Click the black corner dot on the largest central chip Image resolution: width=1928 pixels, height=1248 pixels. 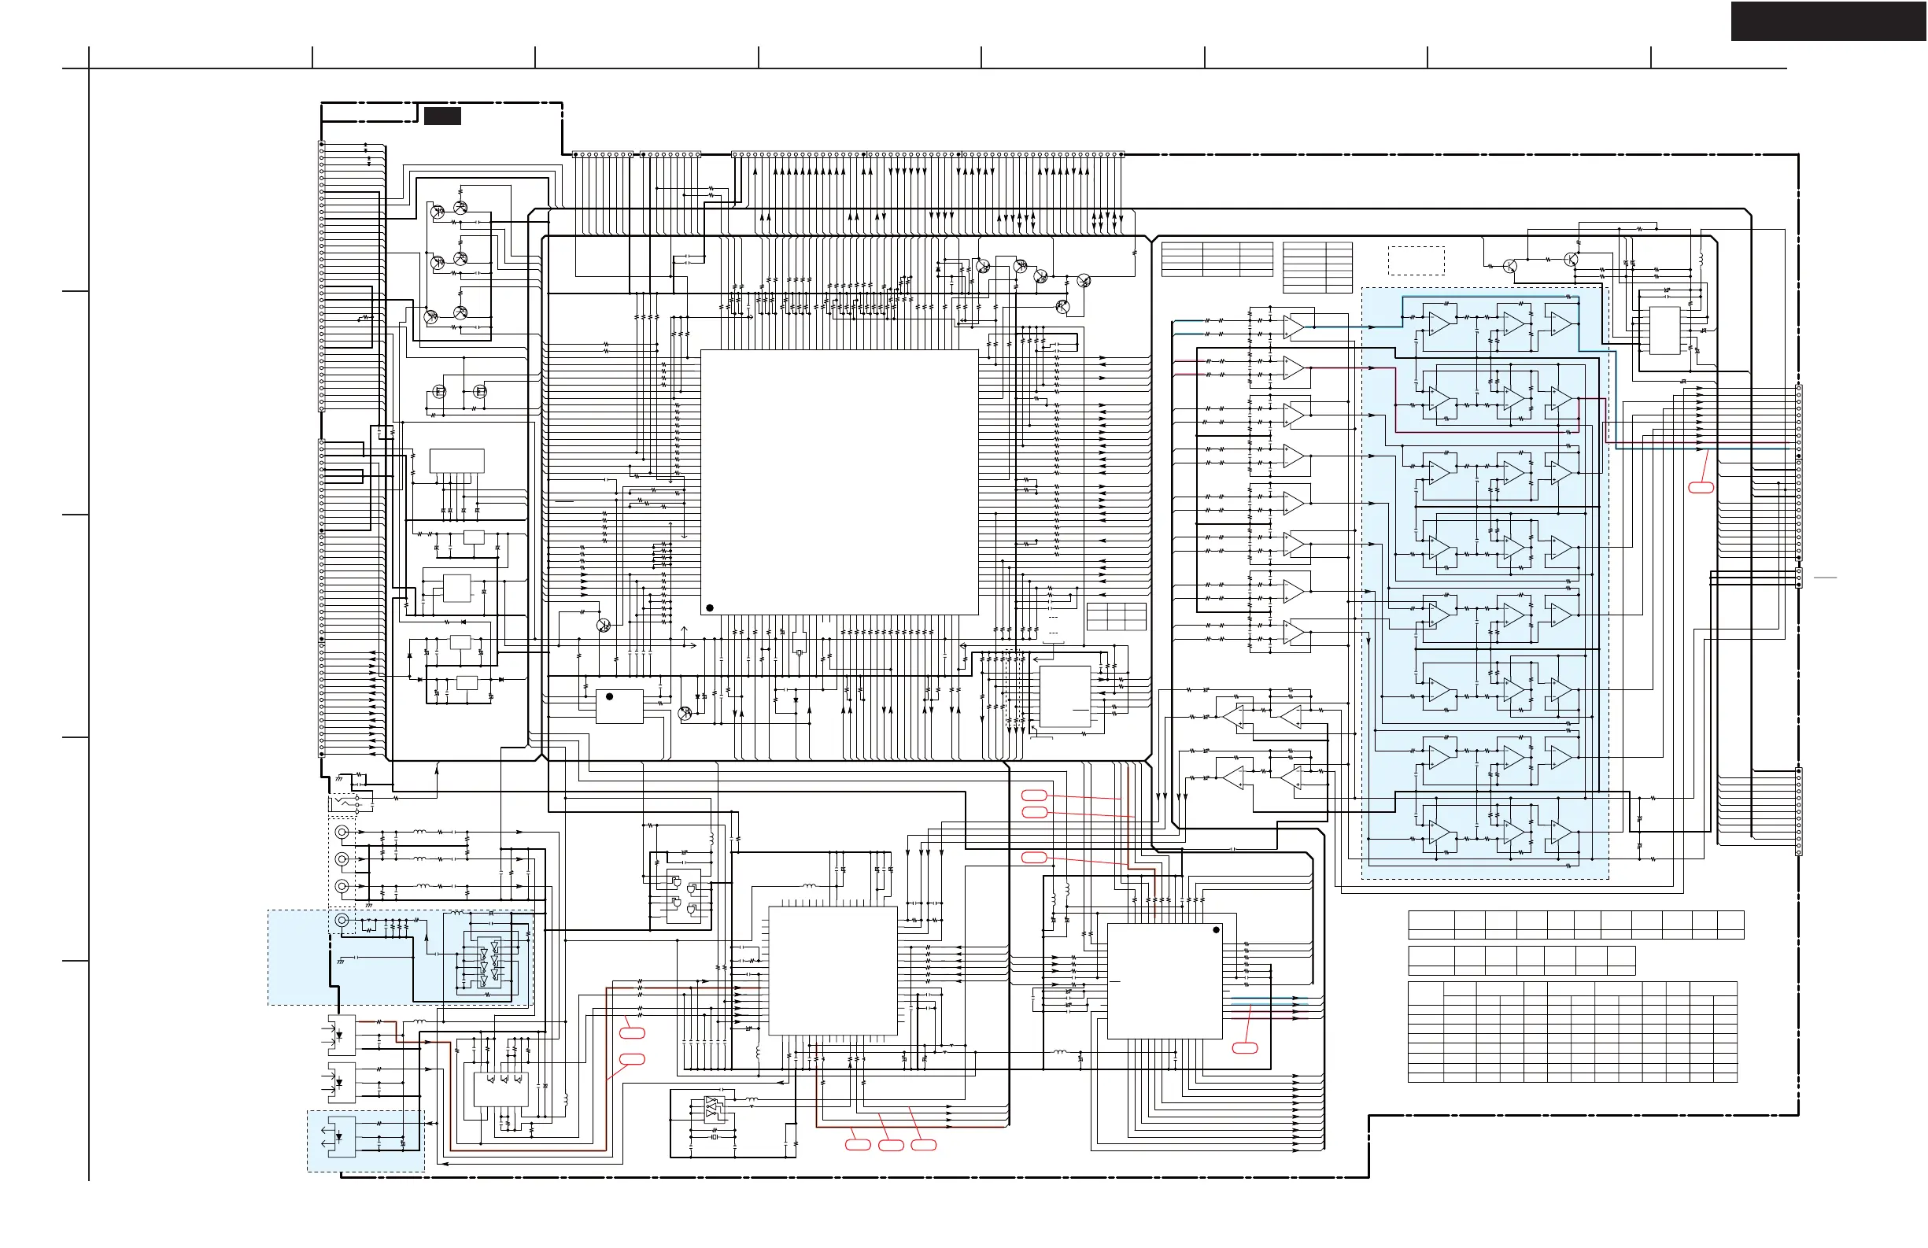[x=710, y=607]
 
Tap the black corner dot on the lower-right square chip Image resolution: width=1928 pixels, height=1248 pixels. [x=1216, y=930]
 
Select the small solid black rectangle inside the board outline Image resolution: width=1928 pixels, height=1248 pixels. [x=442, y=116]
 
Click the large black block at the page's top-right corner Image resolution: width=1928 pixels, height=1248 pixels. [x=1828, y=21]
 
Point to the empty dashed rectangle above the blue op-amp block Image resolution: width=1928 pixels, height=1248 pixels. [x=1416, y=260]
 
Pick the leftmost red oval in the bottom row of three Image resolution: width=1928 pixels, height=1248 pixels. [x=858, y=1144]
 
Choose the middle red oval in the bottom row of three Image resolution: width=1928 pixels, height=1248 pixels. [x=891, y=1144]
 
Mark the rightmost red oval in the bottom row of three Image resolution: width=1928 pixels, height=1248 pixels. [x=924, y=1144]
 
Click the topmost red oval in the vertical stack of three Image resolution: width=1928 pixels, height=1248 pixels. [x=1035, y=795]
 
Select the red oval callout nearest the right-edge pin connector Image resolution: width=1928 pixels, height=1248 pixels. [x=1701, y=487]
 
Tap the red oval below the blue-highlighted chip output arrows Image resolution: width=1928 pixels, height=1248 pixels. [x=1244, y=1048]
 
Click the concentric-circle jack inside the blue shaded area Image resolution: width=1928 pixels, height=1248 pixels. [x=342, y=920]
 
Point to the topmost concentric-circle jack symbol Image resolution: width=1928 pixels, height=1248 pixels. [x=342, y=832]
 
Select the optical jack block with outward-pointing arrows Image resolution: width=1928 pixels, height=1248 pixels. [x=341, y=1136]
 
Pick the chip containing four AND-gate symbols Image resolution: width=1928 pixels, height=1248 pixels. [x=681, y=896]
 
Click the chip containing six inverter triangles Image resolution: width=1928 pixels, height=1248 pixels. [x=489, y=963]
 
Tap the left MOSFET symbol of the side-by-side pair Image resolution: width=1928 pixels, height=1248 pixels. [x=439, y=392]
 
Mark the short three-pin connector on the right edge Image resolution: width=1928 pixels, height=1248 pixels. [x=1799, y=578]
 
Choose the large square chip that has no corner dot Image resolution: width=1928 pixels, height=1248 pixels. [x=832, y=970]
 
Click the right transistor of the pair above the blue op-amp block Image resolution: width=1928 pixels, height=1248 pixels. [x=1572, y=259]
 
